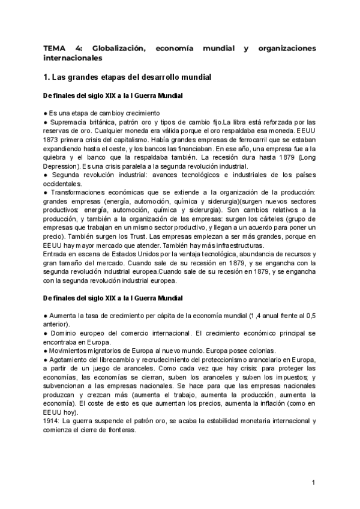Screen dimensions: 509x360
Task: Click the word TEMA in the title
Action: (54, 48)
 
